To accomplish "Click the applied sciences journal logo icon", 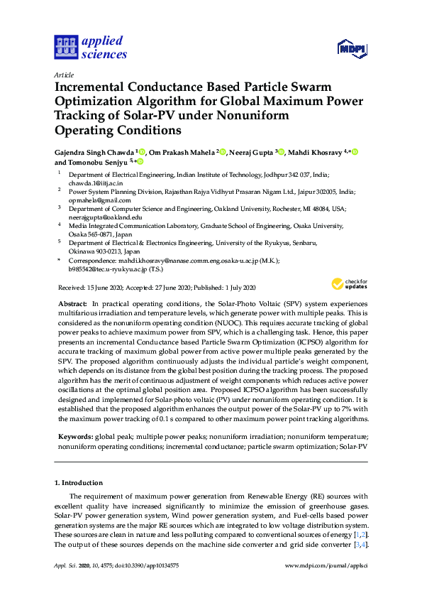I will point(65,48).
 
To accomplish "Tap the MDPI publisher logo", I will point(351,49).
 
